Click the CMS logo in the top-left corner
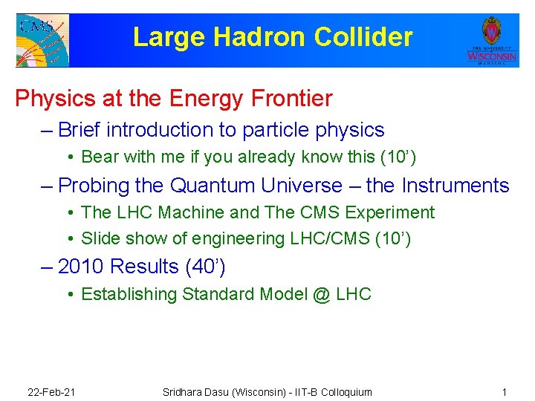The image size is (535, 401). tap(42, 39)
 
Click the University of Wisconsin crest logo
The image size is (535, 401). tap(491, 39)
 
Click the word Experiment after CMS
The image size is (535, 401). tap(389, 212)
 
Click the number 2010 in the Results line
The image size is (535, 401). tap(81, 266)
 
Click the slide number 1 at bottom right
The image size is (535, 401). tap(504, 391)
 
